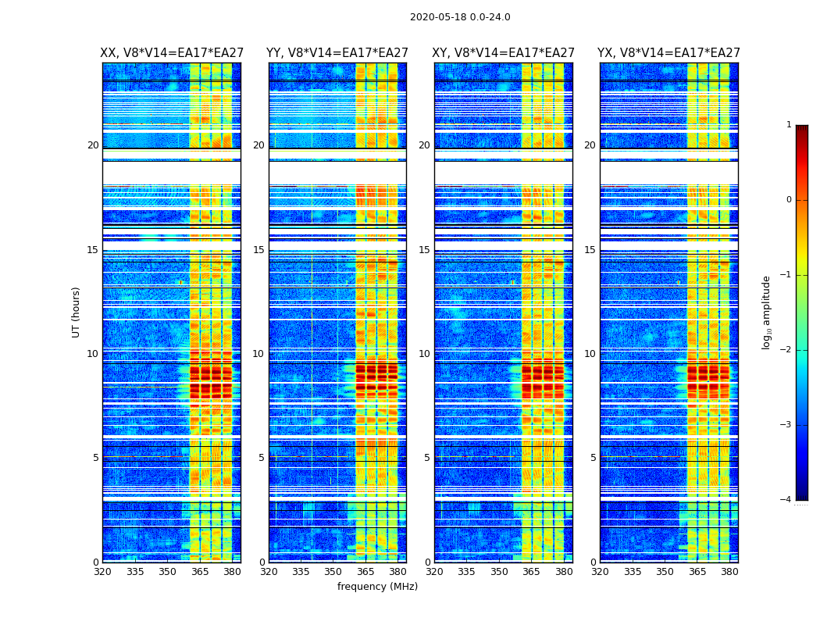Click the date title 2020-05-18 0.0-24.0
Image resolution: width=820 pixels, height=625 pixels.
click(460, 17)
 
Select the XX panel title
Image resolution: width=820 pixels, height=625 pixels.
click(171, 53)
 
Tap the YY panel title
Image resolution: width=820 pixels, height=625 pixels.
click(337, 53)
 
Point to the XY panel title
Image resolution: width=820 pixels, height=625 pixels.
click(504, 53)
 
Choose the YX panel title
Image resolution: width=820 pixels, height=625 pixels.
click(668, 53)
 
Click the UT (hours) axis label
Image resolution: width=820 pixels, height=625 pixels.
click(76, 312)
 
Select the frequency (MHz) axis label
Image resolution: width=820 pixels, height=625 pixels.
click(377, 587)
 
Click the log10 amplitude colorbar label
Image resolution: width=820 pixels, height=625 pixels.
click(767, 312)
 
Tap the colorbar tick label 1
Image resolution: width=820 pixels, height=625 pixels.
click(789, 125)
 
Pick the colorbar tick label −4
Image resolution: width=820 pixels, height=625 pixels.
click(786, 500)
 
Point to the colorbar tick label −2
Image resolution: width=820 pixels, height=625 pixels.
click(786, 350)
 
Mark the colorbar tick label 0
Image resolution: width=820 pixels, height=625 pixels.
click(789, 200)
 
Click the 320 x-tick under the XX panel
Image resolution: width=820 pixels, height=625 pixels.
click(102, 572)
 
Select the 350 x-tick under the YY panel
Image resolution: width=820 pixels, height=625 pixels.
click(333, 572)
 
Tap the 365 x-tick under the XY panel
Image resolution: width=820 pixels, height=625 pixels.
click(532, 572)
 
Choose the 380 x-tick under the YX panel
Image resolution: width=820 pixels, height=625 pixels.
click(729, 572)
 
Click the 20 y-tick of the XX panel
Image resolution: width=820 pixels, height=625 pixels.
click(93, 145)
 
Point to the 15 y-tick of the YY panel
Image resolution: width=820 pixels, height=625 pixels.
click(259, 250)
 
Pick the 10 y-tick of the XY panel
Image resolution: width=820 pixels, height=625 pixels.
click(425, 354)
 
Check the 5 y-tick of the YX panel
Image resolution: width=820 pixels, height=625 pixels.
click(593, 458)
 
